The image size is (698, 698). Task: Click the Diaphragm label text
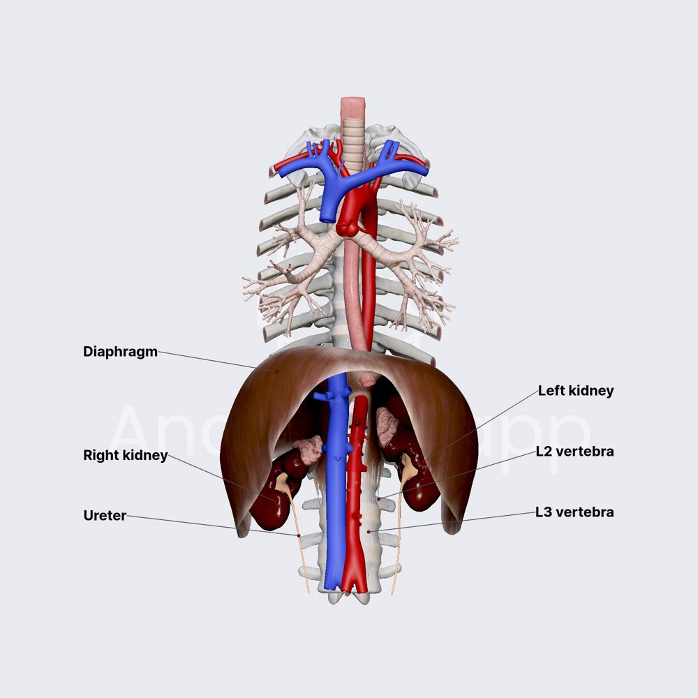pyautogui.click(x=120, y=351)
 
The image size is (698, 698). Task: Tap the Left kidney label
pyautogui.click(x=575, y=391)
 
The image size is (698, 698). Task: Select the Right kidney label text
pyautogui.click(x=125, y=456)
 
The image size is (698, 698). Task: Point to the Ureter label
pyautogui.click(x=105, y=516)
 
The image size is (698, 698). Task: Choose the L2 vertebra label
pyautogui.click(x=574, y=452)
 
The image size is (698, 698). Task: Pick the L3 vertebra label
pyautogui.click(x=574, y=512)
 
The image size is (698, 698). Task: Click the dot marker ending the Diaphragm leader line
pyautogui.click(x=276, y=371)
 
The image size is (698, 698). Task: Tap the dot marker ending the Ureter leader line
pyautogui.click(x=299, y=535)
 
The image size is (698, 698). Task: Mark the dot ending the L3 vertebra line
pyautogui.click(x=369, y=532)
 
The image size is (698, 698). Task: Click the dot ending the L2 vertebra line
pyautogui.click(x=378, y=498)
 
